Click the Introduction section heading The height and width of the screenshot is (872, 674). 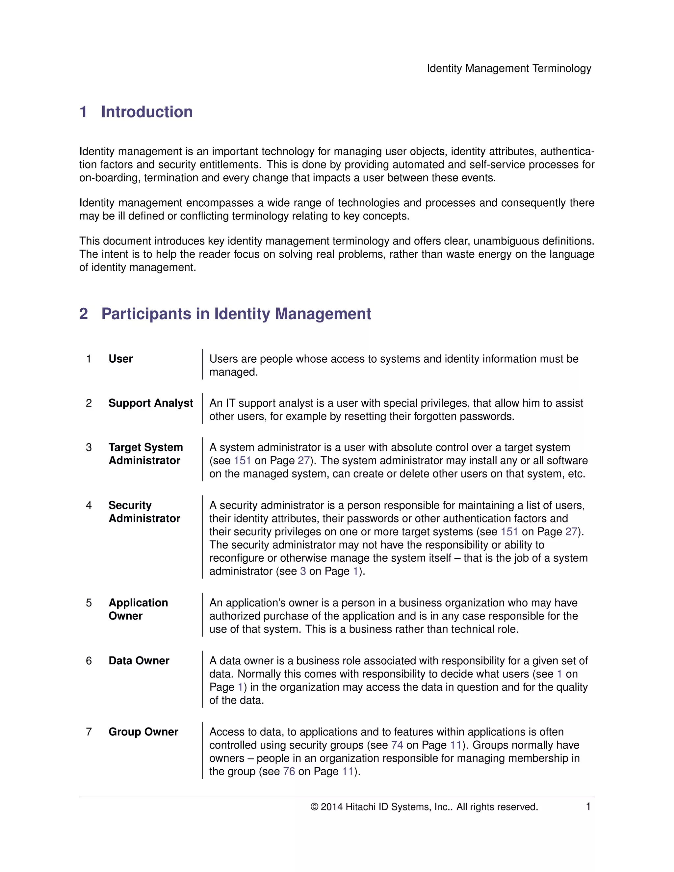[x=146, y=112]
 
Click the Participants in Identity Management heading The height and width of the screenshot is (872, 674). [x=236, y=314]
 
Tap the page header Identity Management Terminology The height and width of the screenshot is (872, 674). [x=509, y=68]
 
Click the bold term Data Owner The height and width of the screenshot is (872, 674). [x=139, y=660]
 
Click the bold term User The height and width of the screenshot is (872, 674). [x=120, y=359]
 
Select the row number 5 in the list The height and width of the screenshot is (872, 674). [x=89, y=603]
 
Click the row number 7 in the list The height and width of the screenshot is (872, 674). [x=89, y=731]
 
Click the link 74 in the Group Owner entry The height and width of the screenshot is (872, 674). [x=397, y=745]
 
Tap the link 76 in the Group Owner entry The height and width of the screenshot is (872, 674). [x=289, y=771]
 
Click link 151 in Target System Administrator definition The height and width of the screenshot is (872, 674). [x=242, y=460]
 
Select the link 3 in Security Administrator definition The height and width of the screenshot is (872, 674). [x=303, y=571]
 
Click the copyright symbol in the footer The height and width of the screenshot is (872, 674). [x=314, y=807]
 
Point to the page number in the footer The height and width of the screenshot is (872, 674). [x=588, y=807]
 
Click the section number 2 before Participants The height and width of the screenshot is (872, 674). [x=84, y=314]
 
